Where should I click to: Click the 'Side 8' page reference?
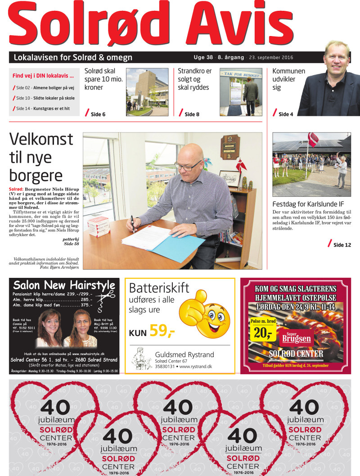(x=191, y=114)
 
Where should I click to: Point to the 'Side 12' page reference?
(x=341, y=245)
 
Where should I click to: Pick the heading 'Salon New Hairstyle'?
(x=64, y=285)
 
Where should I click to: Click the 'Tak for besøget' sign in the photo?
(x=241, y=73)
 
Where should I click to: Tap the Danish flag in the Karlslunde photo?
(x=313, y=139)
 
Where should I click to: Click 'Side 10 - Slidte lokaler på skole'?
(x=45, y=98)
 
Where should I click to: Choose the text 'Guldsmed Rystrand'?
(x=184, y=354)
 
